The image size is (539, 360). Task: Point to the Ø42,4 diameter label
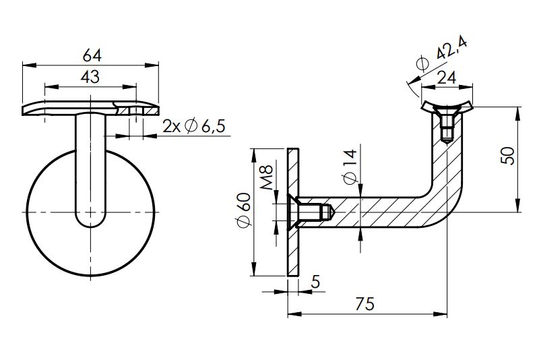(x=441, y=55)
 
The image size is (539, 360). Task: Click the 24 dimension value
(x=446, y=78)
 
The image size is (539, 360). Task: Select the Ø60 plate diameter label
(x=244, y=210)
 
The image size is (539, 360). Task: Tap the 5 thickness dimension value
(x=315, y=282)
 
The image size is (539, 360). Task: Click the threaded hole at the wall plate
(x=313, y=212)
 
